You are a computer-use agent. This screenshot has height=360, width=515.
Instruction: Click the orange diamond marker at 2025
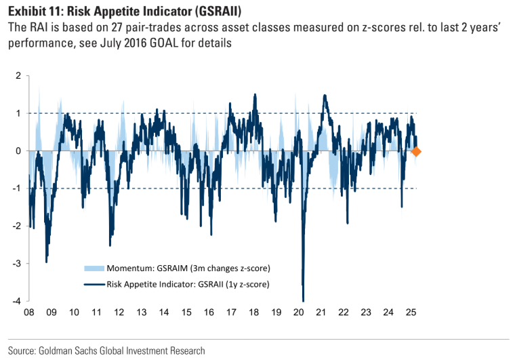click(x=416, y=152)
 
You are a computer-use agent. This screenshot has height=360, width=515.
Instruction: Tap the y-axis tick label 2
click(x=19, y=76)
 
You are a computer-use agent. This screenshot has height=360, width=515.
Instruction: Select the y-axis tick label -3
click(x=17, y=263)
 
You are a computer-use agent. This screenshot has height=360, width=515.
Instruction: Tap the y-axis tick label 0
click(x=19, y=151)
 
